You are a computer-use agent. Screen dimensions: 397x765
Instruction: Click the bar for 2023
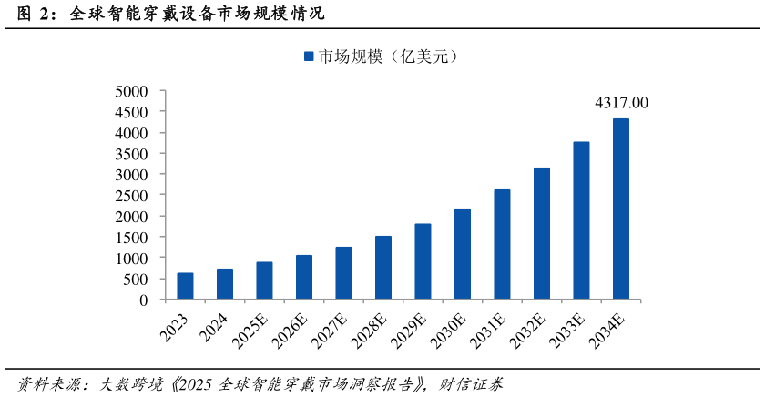coord(185,286)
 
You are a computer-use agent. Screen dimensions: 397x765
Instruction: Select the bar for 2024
coord(224,284)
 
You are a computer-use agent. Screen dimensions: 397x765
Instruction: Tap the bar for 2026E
coord(304,277)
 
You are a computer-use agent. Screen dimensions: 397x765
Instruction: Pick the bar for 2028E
coord(383,268)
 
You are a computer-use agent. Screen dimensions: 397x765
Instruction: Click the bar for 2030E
coord(463,254)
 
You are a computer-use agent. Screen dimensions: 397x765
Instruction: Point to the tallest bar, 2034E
coord(620,209)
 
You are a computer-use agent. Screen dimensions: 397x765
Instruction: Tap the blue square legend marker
coord(309,56)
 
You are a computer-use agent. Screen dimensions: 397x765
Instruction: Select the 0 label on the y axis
coord(143,300)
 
